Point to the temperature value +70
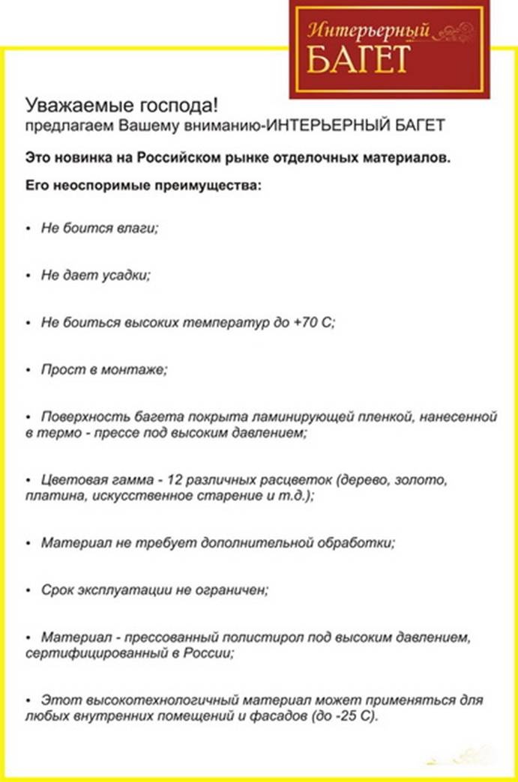pos(308,322)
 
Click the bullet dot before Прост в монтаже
pos(28,370)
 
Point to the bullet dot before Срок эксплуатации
pos(28,590)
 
